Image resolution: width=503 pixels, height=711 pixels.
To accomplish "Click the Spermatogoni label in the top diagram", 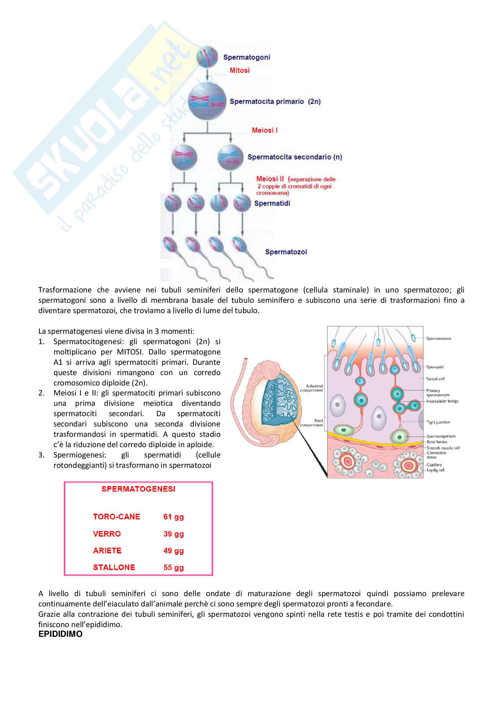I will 247,57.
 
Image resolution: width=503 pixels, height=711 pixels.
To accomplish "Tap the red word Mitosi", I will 239,70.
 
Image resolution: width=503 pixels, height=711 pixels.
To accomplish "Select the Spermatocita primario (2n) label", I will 275,102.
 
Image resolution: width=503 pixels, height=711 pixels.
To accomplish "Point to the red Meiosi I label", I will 265,130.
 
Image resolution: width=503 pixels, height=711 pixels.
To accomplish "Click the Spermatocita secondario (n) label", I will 295,157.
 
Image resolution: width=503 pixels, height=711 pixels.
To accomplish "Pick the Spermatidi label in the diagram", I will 272,203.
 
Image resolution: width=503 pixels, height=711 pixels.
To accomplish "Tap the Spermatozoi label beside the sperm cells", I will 286,252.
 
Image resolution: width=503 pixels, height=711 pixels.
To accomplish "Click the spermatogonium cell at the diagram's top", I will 207,57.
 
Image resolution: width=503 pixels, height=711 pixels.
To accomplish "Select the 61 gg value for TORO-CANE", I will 173,517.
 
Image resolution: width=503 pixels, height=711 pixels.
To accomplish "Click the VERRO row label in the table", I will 107,534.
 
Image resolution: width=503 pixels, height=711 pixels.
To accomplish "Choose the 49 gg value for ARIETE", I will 173,551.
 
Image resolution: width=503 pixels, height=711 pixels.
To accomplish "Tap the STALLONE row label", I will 114,567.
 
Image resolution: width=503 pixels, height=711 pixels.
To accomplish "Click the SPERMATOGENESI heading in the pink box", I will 138,489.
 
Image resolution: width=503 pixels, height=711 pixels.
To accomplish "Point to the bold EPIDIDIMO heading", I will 61,634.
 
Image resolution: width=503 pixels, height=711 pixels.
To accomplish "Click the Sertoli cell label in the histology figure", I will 435,379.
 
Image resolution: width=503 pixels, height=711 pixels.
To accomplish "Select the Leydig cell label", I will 435,470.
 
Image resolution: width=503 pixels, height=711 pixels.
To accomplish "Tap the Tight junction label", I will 438,422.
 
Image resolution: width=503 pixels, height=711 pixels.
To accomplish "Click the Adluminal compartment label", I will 312,388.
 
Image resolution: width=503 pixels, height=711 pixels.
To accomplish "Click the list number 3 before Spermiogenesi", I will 41,455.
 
